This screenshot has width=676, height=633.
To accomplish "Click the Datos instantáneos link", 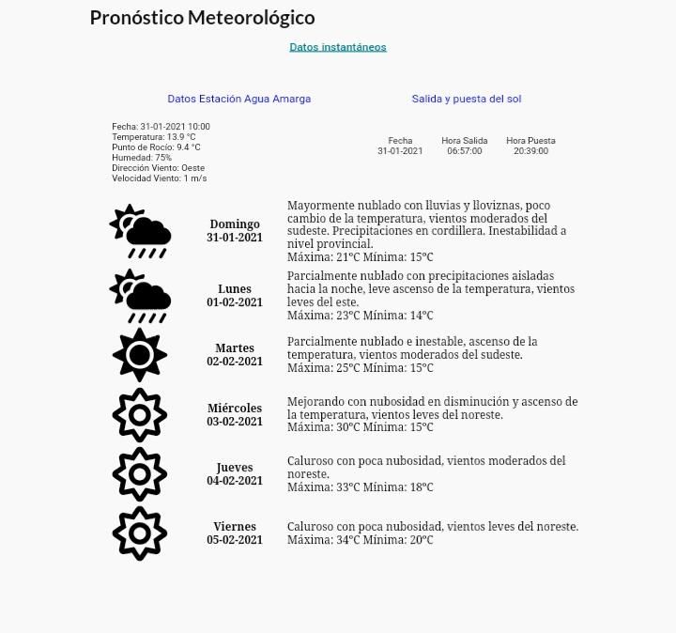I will click(337, 47).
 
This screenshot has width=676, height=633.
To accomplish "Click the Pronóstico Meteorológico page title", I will click(202, 18).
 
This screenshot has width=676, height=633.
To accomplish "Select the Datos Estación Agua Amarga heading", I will click(238, 99).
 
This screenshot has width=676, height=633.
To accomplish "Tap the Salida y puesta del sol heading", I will click(466, 99).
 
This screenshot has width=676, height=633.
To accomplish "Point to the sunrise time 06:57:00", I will click(464, 151).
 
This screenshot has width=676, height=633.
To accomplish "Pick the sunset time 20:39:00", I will click(530, 151).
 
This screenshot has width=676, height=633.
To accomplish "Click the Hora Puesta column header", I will click(530, 141).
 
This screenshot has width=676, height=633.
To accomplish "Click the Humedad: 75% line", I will click(142, 158).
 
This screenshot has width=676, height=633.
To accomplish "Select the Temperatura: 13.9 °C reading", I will click(154, 137).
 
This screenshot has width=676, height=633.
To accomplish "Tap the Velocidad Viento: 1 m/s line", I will click(159, 178).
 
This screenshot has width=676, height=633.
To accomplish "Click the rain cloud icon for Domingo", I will click(140, 231).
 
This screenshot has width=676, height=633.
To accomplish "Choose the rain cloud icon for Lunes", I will click(140, 296).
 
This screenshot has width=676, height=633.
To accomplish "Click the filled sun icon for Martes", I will click(139, 355).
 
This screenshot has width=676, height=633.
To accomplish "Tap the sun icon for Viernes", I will click(139, 533).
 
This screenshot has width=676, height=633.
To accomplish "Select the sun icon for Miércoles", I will click(139, 415).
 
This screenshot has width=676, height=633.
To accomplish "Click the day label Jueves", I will click(235, 468).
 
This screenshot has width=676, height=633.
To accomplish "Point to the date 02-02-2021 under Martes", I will click(235, 362).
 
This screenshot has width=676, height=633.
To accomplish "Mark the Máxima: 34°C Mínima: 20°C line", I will click(360, 540).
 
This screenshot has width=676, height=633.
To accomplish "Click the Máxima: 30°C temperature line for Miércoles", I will click(360, 427).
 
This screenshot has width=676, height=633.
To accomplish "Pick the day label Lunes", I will click(235, 289).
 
